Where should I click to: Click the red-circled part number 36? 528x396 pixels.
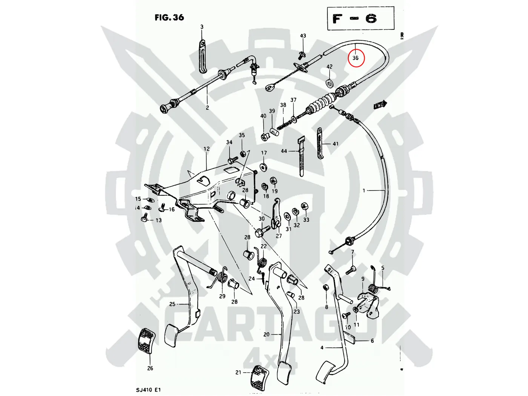click(x=356, y=58)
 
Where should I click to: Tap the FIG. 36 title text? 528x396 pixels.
click(x=169, y=17)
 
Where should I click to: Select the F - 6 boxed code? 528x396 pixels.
click(x=360, y=18)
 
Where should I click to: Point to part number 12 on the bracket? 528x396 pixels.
click(x=206, y=149)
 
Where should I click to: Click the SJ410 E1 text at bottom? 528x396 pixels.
click(x=148, y=390)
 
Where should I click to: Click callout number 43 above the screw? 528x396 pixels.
click(x=303, y=36)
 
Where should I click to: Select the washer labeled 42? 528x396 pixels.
click(x=330, y=82)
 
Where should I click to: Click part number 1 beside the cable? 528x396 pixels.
click(x=364, y=190)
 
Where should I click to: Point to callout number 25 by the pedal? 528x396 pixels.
click(x=172, y=304)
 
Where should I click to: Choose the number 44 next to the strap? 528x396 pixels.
click(x=284, y=151)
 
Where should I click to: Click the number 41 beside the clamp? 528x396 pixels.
click(x=335, y=144)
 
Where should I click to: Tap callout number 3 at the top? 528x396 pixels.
click(x=202, y=27)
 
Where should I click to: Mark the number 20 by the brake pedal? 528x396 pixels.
click(x=266, y=334)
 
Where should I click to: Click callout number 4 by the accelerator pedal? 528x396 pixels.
click(x=322, y=347)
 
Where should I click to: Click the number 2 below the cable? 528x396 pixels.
click(x=207, y=108)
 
